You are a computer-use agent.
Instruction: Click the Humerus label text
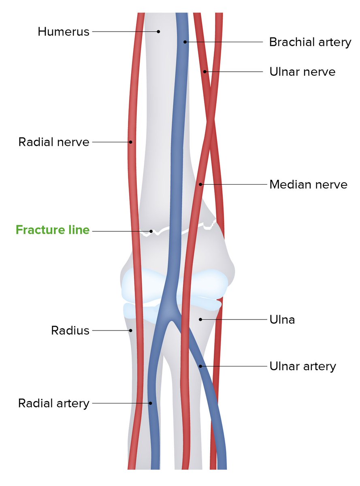click(x=64, y=32)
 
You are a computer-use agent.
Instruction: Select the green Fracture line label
click(x=53, y=230)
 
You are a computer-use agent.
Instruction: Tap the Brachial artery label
click(x=310, y=42)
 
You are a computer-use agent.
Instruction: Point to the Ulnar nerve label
click(x=302, y=72)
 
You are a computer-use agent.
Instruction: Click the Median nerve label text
click(x=308, y=185)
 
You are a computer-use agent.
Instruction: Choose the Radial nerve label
click(x=54, y=142)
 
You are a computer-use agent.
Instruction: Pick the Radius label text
click(x=70, y=330)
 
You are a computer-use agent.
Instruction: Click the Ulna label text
click(x=282, y=320)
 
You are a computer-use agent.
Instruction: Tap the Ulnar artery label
click(x=303, y=366)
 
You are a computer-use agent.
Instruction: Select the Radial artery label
click(x=53, y=403)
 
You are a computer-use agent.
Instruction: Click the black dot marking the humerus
click(x=159, y=31)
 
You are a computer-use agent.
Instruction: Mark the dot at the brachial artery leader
click(x=185, y=42)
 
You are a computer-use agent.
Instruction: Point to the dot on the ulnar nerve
click(x=205, y=72)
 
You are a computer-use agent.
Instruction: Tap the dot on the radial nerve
click(x=131, y=142)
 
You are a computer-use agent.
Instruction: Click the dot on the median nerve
click(x=200, y=185)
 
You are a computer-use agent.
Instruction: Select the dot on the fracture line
click(x=151, y=231)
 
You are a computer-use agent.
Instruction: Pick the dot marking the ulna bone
click(x=200, y=320)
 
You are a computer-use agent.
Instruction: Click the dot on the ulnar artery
click(x=200, y=366)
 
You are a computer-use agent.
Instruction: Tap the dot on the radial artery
click(x=150, y=403)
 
